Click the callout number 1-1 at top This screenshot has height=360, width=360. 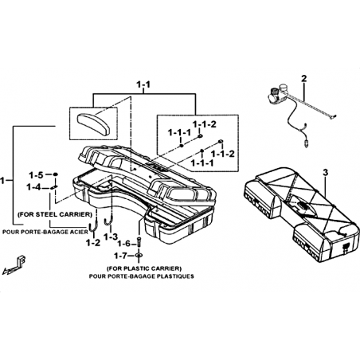[143, 84]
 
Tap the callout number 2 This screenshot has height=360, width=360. [303, 78]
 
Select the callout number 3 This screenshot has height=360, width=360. [326, 173]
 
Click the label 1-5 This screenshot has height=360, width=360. [36, 175]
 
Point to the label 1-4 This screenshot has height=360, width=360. [33, 187]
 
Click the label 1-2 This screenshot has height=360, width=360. [93, 242]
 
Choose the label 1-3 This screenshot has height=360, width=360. [110, 237]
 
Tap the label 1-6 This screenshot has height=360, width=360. [124, 243]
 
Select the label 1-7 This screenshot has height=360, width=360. [121, 256]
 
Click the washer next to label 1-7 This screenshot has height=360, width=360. [139, 256]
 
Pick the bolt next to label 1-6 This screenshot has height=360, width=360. [139, 242]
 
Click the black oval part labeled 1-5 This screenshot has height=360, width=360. [55, 174]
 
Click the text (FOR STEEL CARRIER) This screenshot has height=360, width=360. [54, 214]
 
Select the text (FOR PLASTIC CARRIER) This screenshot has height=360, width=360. [144, 268]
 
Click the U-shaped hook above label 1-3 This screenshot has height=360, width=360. [109, 221]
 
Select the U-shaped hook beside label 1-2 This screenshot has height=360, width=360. [94, 225]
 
